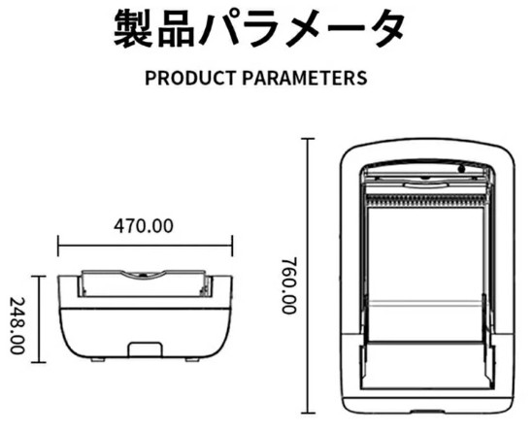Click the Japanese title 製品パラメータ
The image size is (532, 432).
(x=259, y=28)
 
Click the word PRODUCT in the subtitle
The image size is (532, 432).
(x=190, y=78)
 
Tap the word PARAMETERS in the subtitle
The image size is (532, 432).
(x=305, y=78)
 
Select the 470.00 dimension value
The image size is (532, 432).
(x=143, y=226)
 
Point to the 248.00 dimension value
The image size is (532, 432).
(x=17, y=326)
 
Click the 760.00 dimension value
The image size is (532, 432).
(x=289, y=285)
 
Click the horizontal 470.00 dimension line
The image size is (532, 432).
(x=146, y=246)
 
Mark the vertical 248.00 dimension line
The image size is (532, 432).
(x=40, y=319)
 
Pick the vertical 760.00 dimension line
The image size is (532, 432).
(x=308, y=276)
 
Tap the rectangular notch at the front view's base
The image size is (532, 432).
(x=145, y=349)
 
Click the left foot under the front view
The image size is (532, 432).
(x=98, y=360)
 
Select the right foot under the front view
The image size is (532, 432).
(x=192, y=360)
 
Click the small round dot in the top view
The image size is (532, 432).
(x=461, y=169)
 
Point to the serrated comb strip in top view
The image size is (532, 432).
(x=426, y=201)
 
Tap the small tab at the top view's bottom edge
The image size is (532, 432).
(x=427, y=412)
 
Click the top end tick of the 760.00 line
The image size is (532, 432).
(x=308, y=139)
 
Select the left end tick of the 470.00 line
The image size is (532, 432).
(x=58, y=246)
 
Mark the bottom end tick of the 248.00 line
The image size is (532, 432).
(x=39, y=362)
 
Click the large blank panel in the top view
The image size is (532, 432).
(x=426, y=274)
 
